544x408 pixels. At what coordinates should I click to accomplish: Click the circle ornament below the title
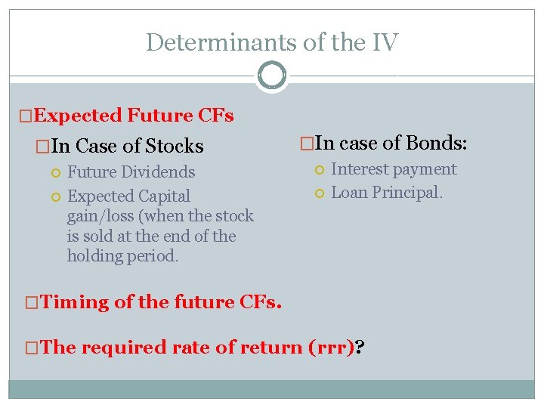271,76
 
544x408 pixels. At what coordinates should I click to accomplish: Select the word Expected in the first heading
78,116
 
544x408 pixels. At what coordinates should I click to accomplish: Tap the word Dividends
159,172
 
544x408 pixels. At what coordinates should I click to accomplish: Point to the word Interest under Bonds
361,169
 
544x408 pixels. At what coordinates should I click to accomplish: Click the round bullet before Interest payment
320,170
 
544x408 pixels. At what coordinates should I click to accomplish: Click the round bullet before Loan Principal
320,193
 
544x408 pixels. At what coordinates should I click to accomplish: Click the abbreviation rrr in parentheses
333,348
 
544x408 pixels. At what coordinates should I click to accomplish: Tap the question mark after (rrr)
359,348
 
